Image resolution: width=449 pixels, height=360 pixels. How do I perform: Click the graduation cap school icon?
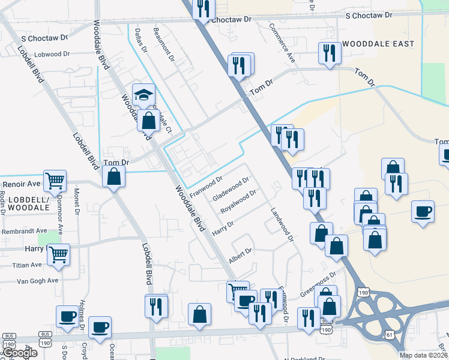click(x=143, y=95)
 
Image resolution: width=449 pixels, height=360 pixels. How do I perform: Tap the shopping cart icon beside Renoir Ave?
click(x=54, y=180)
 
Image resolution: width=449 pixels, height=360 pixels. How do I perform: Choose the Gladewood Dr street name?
click(x=231, y=190)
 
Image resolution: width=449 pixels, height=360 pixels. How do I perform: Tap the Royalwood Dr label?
click(x=238, y=202)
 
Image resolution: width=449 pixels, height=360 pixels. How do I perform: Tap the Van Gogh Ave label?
click(x=37, y=280)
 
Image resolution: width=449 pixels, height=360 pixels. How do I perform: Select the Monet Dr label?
click(x=77, y=201)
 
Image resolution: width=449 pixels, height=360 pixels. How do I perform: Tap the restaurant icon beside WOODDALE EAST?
click(x=330, y=54)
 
